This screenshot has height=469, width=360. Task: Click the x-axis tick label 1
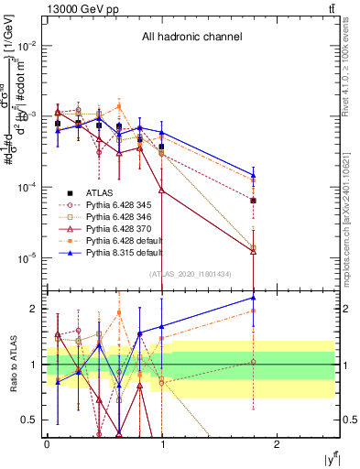(x=162, y=443)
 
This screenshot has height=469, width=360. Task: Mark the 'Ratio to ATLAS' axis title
(x=10, y=365)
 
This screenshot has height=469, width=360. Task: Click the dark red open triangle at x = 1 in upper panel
(x=162, y=191)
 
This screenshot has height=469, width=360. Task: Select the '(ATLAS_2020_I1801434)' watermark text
(x=191, y=273)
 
